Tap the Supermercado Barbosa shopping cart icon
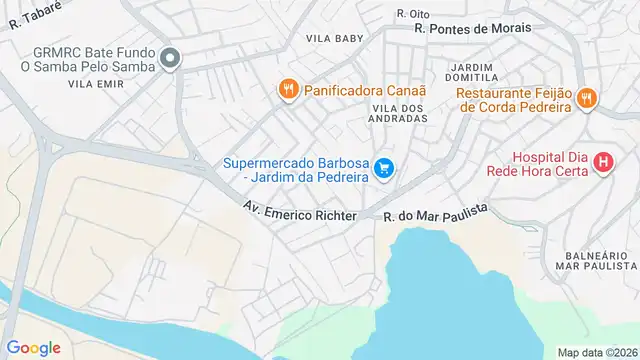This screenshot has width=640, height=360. tap(384, 169)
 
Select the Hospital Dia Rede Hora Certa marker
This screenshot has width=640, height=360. tap(602, 161)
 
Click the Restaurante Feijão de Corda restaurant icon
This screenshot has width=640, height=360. tap(587, 98)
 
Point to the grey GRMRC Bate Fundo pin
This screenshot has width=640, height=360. tap(170, 59)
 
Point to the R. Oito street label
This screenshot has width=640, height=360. tap(412, 13)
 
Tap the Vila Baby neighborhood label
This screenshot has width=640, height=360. tap(334, 39)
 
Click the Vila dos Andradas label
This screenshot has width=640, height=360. tap(399, 112)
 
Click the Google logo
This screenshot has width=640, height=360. tap(33, 347)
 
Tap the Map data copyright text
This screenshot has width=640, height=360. tap(596, 352)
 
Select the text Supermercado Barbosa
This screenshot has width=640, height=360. tap(296, 161)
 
